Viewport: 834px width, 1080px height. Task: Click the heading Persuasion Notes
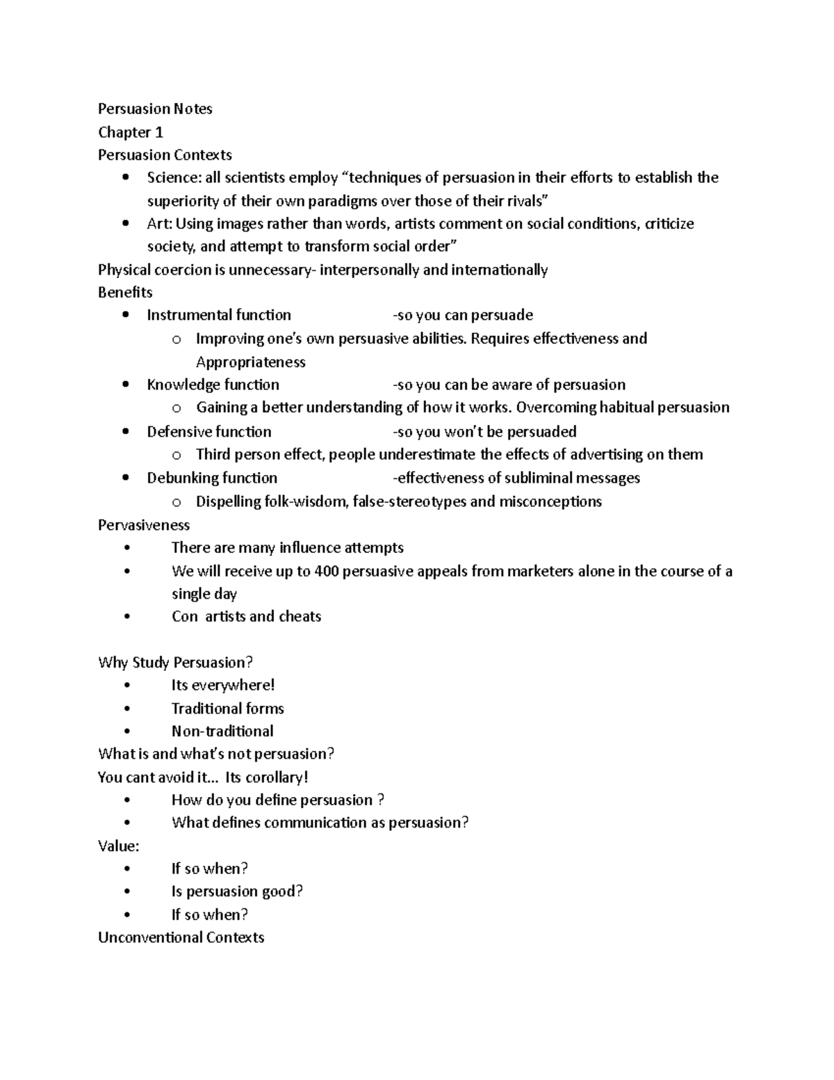click(155, 108)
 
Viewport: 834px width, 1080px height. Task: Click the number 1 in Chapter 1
click(159, 132)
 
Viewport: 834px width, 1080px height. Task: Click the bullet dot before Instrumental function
click(125, 315)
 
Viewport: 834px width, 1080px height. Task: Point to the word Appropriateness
click(250, 362)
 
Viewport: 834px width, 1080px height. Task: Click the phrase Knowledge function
click(213, 385)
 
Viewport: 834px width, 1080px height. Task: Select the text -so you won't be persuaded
click(484, 431)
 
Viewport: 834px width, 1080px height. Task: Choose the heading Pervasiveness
click(144, 524)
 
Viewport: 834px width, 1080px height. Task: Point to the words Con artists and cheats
click(246, 616)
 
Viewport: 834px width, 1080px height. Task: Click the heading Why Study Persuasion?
click(175, 662)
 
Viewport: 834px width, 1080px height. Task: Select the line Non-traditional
click(222, 731)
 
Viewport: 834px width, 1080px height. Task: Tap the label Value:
click(119, 846)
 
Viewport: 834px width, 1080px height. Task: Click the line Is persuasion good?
click(237, 891)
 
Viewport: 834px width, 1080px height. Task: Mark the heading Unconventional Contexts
click(181, 937)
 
